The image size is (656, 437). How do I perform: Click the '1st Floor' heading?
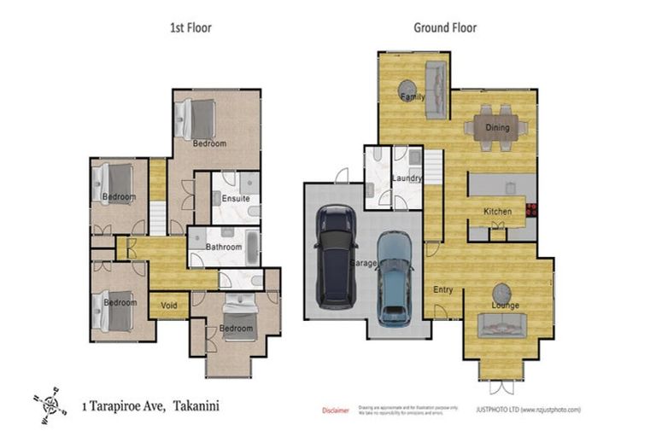point(190,28)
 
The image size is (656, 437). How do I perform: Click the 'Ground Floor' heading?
point(445,28)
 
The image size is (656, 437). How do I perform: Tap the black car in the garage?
point(335,256)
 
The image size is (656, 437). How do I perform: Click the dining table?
point(496,128)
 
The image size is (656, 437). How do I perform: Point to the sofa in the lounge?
point(502,325)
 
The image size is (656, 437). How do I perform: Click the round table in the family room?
point(407,89)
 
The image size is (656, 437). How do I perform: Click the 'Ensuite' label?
point(235,199)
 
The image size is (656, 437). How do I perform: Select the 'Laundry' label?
point(407,178)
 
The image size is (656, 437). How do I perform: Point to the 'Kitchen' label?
point(497,212)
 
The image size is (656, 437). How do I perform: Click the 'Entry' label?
point(442,290)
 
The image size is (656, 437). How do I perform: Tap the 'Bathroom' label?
point(225,248)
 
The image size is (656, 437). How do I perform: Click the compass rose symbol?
point(50,404)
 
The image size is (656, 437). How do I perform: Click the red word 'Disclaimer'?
point(335,411)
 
